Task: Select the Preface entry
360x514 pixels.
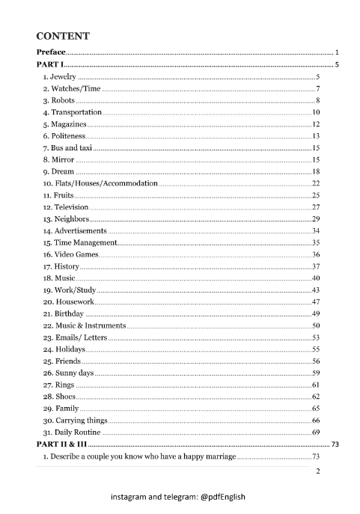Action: (51, 53)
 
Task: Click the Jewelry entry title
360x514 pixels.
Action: (59, 77)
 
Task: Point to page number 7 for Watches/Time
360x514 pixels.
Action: (318, 89)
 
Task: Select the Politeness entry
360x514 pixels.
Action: (64, 136)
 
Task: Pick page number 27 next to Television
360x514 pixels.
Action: (316, 207)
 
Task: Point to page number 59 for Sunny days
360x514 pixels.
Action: (316, 373)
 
